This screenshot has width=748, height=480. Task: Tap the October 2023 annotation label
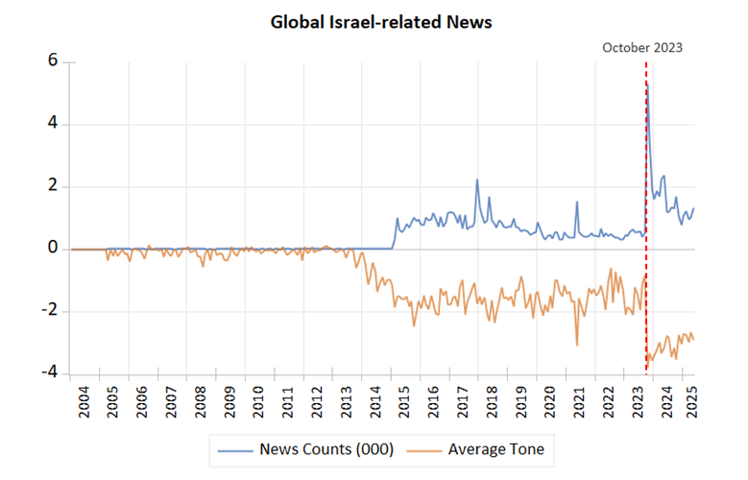pos(642,47)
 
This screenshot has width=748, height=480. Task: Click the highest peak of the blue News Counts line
pos(648,84)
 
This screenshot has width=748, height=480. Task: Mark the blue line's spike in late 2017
pos(477,180)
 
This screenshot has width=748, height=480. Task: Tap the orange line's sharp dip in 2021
pos(577,345)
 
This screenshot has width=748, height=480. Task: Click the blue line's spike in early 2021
pos(577,202)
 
